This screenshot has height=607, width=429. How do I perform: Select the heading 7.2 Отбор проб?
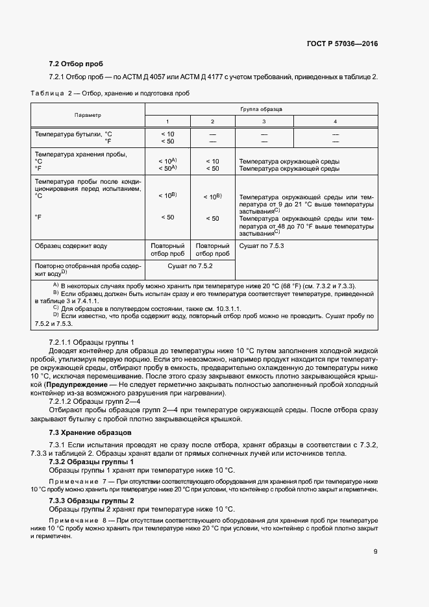click(x=76, y=64)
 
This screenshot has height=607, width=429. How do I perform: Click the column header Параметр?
click(x=88, y=115)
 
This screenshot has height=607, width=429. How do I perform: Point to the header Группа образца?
click(x=261, y=109)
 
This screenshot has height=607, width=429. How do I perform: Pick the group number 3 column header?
click(x=264, y=121)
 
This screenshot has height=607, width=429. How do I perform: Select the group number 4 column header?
click(x=335, y=121)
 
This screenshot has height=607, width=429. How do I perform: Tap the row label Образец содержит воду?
click(x=71, y=246)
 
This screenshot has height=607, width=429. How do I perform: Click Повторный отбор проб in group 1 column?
click(x=167, y=250)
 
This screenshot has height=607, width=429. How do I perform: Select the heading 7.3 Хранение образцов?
click(x=90, y=432)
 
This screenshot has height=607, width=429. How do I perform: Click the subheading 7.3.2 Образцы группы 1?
click(x=92, y=461)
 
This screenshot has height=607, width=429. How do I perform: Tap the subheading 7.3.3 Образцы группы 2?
click(x=92, y=501)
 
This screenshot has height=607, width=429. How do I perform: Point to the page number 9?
click(x=375, y=552)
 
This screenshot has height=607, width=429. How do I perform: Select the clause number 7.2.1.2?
click(x=63, y=402)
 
